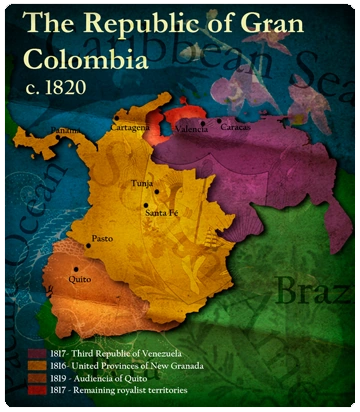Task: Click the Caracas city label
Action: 236,128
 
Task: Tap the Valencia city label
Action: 190,128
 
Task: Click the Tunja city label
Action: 142,184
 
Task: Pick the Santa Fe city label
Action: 161,212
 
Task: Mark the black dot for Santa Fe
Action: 146,204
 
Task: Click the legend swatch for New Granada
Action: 36,367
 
